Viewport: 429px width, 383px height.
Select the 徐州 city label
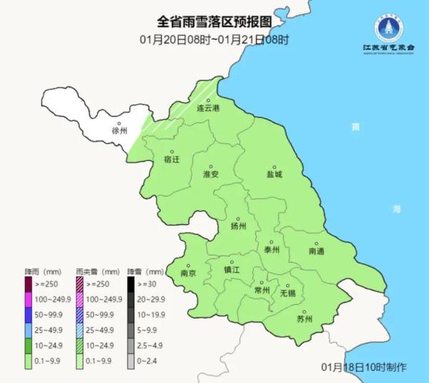tap(119, 131)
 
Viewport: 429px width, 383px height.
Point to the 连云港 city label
tap(208, 108)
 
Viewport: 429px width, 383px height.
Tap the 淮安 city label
tap(210, 174)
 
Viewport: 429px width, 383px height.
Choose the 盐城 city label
tap(275, 173)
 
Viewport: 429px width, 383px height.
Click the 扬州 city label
tap(238, 226)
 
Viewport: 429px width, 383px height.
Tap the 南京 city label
tap(189, 273)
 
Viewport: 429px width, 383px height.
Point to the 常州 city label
tap(262, 291)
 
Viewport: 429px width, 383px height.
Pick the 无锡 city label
tap(287, 293)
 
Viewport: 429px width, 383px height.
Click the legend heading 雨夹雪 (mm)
tap(97, 272)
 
